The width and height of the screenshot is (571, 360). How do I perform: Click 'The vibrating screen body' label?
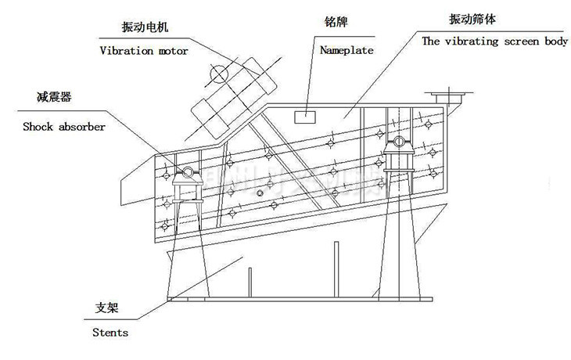495,41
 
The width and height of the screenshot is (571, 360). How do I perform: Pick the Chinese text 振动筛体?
469,17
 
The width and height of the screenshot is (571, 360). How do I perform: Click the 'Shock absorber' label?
64,125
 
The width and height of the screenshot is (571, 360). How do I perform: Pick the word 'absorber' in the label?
79,125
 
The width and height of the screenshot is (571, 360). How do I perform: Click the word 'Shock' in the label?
38,125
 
